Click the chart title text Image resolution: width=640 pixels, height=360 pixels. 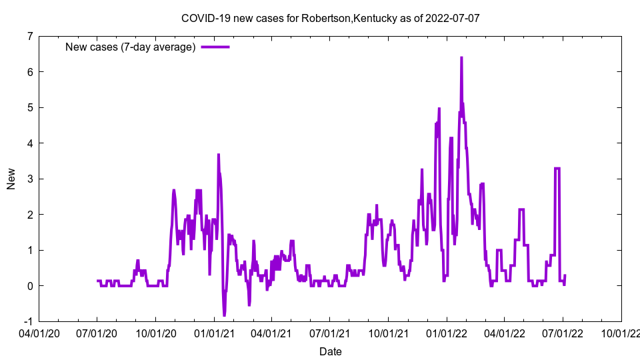pos(330,18)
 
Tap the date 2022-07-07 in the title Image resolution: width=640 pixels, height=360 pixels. pos(453,18)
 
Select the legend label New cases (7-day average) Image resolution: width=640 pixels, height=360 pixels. pos(130,47)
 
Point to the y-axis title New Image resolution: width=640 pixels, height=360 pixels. pos(11,179)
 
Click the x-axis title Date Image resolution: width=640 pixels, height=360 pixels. pos(330,351)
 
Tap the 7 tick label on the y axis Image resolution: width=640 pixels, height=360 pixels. pos(30,36)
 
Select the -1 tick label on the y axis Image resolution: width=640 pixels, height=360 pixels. pos(28,321)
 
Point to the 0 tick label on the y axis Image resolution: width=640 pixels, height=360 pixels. pos(30,286)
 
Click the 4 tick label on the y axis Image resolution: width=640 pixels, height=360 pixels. pos(30,143)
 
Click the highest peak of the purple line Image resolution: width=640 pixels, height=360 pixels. pos(461,58)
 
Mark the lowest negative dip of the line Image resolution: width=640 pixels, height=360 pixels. pos(224,315)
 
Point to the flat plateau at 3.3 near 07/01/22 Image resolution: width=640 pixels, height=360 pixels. pos(557,168)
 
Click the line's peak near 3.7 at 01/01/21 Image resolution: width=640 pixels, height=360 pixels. pos(218,155)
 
